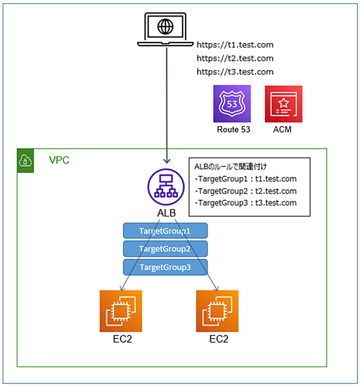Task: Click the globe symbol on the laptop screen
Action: pyautogui.click(x=165, y=26)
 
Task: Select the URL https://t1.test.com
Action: pyautogui.click(x=235, y=45)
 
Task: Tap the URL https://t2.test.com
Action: pyautogui.click(x=235, y=58)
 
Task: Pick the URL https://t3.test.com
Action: pyautogui.click(x=235, y=72)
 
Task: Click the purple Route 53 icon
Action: pyautogui.click(x=232, y=104)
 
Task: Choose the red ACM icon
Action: pyautogui.click(x=283, y=104)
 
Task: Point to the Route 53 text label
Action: pyautogui.click(x=233, y=130)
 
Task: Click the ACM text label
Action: pyautogui.click(x=282, y=130)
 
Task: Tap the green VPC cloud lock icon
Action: pyautogui.click(x=25, y=160)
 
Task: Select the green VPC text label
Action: pyautogui.click(x=59, y=160)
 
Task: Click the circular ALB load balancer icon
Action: pyautogui.click(x=166, y=187)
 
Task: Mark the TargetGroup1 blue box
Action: pyautogui.click(x=165, y=230)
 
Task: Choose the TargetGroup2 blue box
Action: pyautogui.click(x=165, y=249)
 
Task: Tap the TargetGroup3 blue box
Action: pyautogui.click(x=165, y=267)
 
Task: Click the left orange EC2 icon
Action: pyautogui.click(x=121, y=311)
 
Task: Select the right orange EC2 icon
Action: pyautogui.click(x=217, y=311)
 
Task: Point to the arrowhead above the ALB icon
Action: pyautogui.click(x=167, y=161)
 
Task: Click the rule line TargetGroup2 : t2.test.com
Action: pyautogui.click(x=246, y=191)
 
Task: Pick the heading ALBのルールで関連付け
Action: pyautogui.click(x=230, y=167)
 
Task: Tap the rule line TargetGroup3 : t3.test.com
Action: pyautogui.click(x=246, y=203)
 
